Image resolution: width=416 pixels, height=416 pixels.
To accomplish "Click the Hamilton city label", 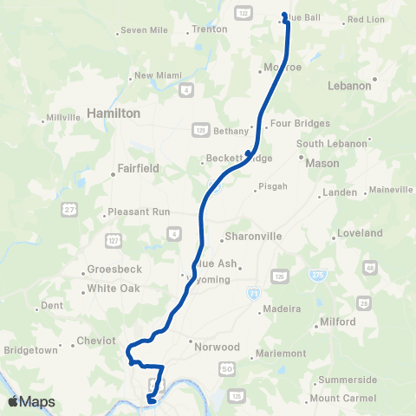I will (x=114, y=114).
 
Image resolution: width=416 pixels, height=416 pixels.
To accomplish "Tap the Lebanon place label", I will (x=349, y=86).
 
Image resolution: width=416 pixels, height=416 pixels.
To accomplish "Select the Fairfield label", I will (x=139, y=169).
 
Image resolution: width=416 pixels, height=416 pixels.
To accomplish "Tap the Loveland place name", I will (x=360, y=234).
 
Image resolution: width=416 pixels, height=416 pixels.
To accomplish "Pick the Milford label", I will (x=337, y=322).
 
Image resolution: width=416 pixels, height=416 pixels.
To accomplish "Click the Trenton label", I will (x=209, y=29).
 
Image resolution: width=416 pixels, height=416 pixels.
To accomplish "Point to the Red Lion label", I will (x=366, y=19).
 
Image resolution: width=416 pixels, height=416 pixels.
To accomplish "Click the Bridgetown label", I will (x=32, y=350).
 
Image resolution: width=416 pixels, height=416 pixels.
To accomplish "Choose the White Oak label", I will (x=113, y=289).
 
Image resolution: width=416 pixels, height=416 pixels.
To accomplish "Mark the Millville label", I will (x=63, y=117).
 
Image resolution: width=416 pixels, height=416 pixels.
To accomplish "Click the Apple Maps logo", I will (x=31, y=401).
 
